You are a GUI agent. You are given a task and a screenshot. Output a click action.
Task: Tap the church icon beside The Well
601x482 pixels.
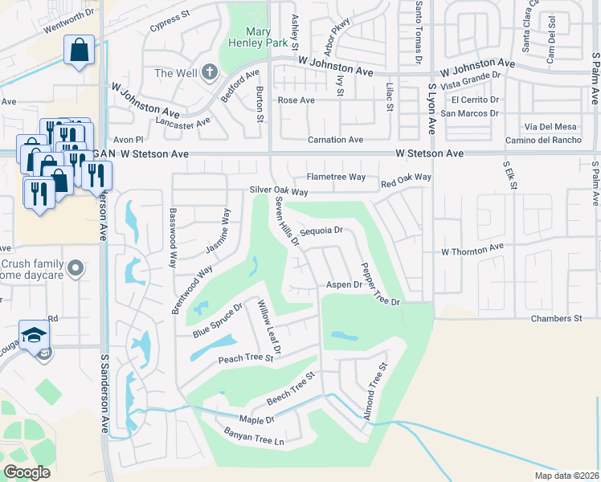(x=209, y=72)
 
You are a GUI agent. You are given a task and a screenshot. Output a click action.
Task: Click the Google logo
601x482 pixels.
(x=27, y=472)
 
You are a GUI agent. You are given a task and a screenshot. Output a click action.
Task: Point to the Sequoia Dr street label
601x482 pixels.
(x=321, y=231)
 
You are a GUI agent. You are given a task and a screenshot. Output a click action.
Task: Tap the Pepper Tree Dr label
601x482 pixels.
(x=379, y=284)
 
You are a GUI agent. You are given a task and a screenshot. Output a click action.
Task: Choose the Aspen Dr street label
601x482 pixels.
(x=345, y=284)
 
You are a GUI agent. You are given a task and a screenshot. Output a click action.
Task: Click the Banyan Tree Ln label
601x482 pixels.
(x=256, y=441)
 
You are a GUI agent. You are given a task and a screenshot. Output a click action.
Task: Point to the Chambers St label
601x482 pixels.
(x=556, y=319)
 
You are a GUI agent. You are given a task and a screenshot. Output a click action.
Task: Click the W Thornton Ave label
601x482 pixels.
(x=472, y=251)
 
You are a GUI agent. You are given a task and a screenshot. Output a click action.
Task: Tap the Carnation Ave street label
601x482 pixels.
(x=337, y=140)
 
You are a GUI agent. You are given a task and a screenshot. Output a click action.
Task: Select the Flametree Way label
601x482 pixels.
(x=336, y=177)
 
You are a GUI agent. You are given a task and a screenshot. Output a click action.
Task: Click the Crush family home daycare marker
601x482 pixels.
(x=76, y=267)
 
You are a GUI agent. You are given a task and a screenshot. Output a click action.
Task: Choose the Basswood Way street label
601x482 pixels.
(x=172, y=233)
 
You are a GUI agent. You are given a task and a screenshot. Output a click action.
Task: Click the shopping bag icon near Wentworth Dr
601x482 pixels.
(x=80, y=51)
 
